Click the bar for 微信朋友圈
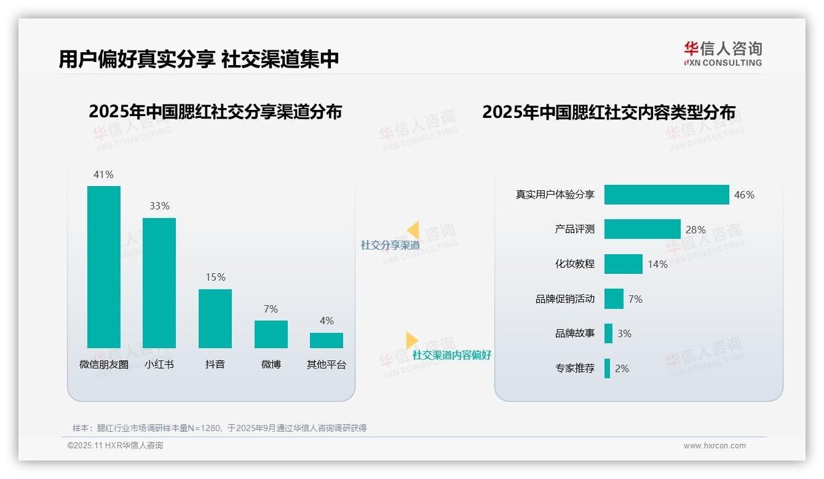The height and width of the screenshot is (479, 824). click(x=104, y=267)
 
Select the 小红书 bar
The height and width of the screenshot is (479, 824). click(x=159, y=282)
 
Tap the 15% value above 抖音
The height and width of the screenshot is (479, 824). click(x=215, y=278)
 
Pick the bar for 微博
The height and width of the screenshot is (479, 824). click(x=271, y=334)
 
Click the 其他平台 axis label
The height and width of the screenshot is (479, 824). click(x=327, y=365)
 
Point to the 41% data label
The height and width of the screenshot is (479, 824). click(x=103, y=175)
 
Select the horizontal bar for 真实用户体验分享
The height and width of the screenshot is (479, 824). click(x=666, y=195)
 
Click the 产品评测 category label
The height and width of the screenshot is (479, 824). click(x=574, y=230)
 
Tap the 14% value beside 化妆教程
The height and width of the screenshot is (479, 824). click(x=657, y=265)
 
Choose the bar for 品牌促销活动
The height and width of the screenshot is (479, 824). click(x=614, y=299)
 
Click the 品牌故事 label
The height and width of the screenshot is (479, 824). click(x=574, y=333)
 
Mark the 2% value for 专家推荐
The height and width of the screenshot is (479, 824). click(x=622, y=368)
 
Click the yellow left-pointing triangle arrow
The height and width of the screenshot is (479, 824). click(x=413, y=230)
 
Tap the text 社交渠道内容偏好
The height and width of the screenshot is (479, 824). click(x=451, y=356)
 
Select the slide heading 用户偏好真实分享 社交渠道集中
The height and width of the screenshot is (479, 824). click(x=199, y=60)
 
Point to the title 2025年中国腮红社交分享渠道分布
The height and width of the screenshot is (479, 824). click(x=215, y=112)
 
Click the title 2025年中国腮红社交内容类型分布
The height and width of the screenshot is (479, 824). click(x=609, y=112)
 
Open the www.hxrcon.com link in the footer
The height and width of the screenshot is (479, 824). click(x=715, y=446)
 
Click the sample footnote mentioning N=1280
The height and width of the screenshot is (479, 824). click(x=220, y=428)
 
